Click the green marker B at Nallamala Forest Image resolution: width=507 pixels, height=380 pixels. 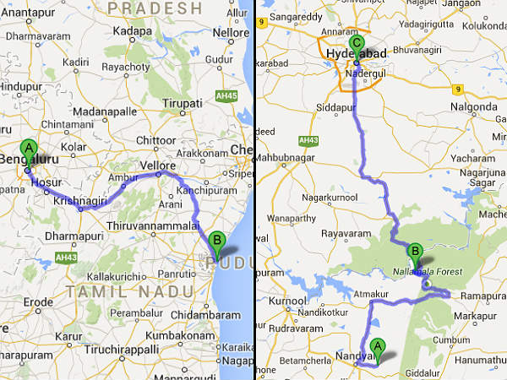(x=415, y=251)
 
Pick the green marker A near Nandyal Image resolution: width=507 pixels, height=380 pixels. (x=378, y=346)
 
